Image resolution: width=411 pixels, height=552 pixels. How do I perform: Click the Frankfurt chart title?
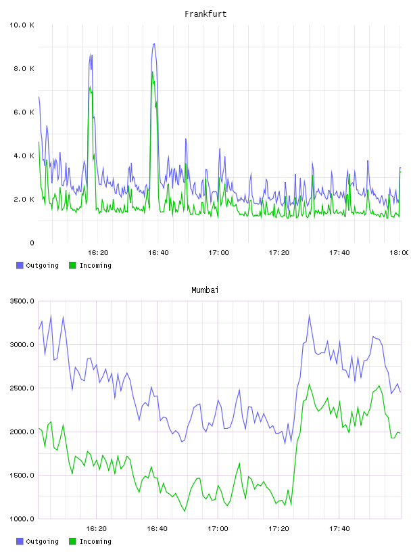click(x=205, y=14)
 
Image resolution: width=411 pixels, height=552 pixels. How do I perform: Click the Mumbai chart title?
click(x=205, y=290)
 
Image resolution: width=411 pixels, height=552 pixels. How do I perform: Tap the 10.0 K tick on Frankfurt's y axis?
click(x=22, y=25)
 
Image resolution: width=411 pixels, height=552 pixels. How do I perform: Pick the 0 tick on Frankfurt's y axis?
click(x=32, y=243)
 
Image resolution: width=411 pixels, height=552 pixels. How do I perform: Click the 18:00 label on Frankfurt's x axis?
click(x=400, y=253)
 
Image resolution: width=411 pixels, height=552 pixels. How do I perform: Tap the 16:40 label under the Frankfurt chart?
click(x=158, y=253)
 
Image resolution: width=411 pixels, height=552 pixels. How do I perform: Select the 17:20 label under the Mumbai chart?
click(x=279, y=529)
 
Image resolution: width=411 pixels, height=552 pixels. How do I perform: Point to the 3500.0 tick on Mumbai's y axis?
click(x=22, y=301)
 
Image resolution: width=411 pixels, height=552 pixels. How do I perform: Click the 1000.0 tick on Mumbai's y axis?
click(x=22, y=519)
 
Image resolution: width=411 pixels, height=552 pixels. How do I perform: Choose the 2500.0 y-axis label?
click(x=22, y=388)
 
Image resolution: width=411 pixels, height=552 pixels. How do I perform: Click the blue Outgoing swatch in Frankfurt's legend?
click(x=20, y=265)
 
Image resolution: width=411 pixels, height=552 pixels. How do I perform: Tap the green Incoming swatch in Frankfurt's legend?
click(x=72, y=265)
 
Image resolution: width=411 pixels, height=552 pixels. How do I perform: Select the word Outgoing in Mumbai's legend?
click(x=42, y=542)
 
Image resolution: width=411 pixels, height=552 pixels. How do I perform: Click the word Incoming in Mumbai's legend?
click(x=96, y=542)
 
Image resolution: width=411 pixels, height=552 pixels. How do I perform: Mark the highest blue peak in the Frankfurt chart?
click(x=153, y=44)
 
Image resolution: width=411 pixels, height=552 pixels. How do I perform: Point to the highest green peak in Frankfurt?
click(x=152, y=72)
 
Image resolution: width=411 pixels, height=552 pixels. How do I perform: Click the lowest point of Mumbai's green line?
click(x=185, y=511)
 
